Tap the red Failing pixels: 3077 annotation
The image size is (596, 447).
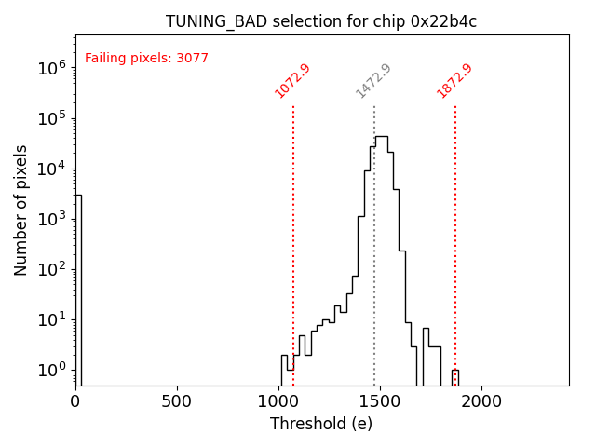click(146, 59)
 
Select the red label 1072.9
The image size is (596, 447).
click(292, 81)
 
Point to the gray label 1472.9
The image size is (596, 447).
click(373, 81)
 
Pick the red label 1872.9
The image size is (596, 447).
click(454, 81)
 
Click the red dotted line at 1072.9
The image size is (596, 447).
click(293, 233)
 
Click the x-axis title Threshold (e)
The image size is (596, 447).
click(321, 424)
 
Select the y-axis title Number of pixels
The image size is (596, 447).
click(21, 210)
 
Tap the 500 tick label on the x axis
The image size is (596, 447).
click(177, 401)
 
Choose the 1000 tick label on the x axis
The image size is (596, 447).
click(279, 401)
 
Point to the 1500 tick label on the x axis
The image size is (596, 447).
click(381, 401)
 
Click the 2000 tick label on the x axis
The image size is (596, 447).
click(482, 401)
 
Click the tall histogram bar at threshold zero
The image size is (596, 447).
click(78, 289)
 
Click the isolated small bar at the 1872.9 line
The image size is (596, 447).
click(455, 377)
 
